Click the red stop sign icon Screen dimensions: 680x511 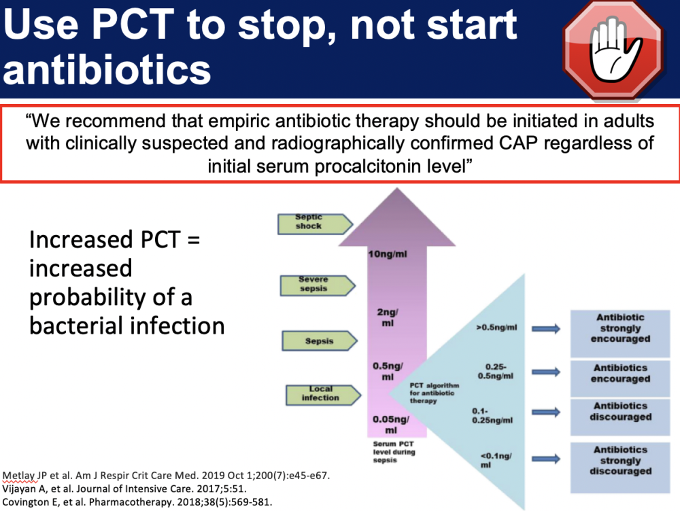pos(613,50)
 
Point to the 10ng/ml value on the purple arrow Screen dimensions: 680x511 pos(388,254)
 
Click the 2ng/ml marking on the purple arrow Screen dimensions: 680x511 pos(388,318)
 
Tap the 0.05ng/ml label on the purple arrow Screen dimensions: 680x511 pos(391,425)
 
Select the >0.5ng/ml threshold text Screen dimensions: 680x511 pos(496,328)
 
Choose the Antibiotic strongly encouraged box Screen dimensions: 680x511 pos(620,333)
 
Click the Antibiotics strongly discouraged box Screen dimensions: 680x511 pos(620,468)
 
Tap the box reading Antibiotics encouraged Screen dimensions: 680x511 pos(620,378)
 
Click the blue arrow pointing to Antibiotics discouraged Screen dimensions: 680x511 pos(546,412)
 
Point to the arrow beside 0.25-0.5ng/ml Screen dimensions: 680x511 pos(546,372)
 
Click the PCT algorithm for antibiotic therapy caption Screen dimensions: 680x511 pos(434,393)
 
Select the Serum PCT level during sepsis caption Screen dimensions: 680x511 pos(394,452)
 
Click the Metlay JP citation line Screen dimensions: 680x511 pos(166,476)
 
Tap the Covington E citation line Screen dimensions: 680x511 pos(137,502)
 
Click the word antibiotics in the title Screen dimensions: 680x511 pos(107,70)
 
